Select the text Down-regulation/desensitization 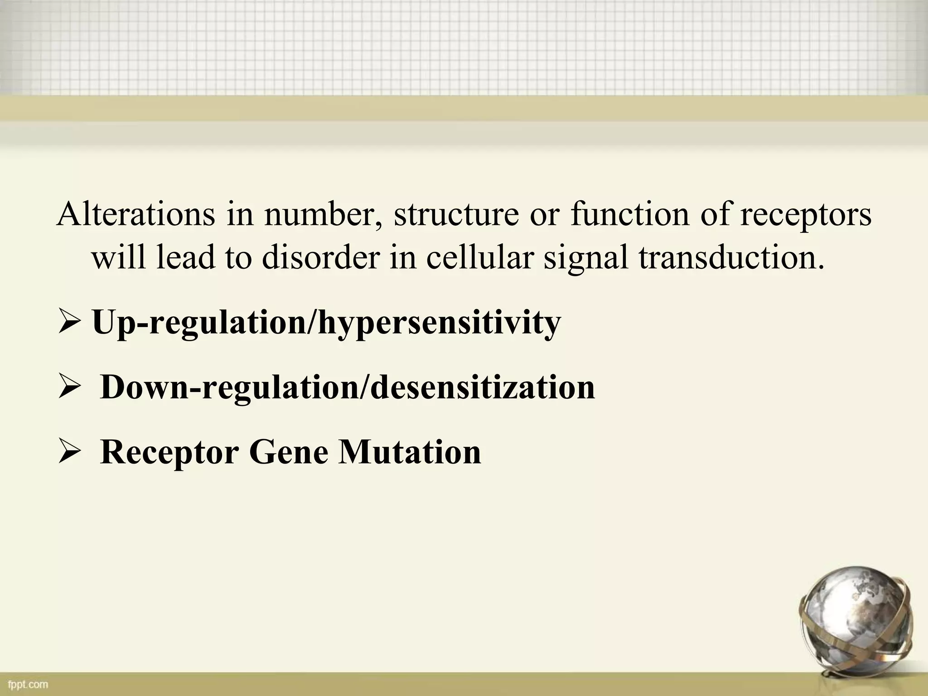347,388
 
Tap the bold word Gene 288,453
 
